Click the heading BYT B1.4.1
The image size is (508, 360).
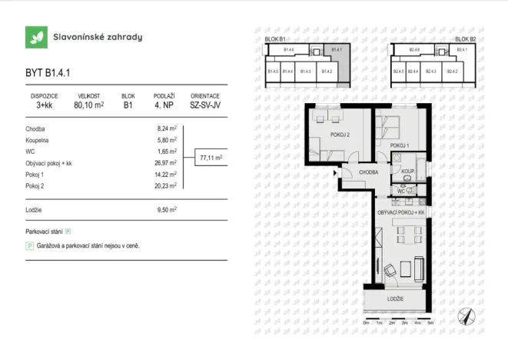pos(48,74)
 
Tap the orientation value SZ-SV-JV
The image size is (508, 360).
pos(205,106)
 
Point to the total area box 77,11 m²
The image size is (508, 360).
pos(211,158)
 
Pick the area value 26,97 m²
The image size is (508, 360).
pos(167,164)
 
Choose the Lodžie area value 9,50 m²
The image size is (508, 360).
pos(167,208)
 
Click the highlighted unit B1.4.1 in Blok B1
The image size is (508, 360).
pos(337,51)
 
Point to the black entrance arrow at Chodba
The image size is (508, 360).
pos(334,173)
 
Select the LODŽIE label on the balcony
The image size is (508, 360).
pos(396,298)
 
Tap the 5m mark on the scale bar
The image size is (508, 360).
pos(431,325)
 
